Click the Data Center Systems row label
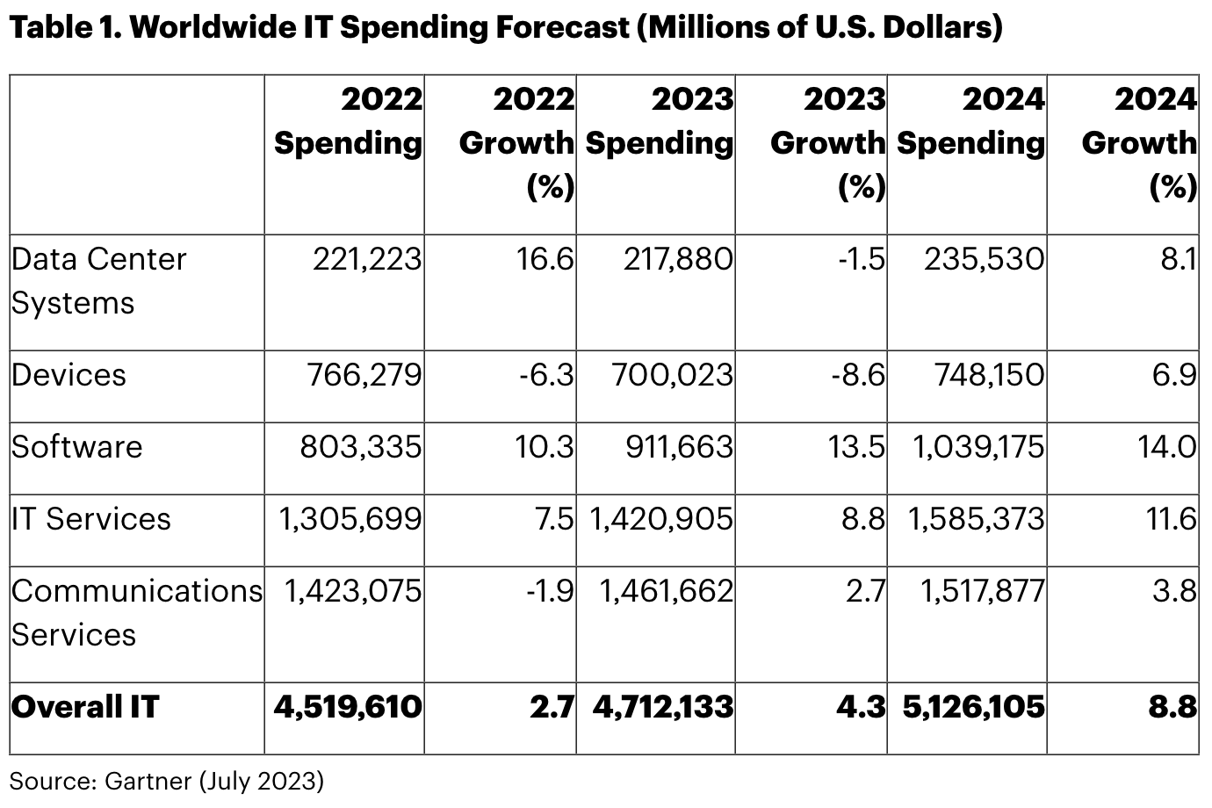click(x=98, y=281)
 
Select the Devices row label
click(x=69, y=376)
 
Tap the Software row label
click(x=76, y=447)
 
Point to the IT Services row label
click(x=91, y=519)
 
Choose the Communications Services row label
click(x=136, y=612)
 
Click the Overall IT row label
click(x=85, y=707)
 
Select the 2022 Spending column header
click(x=348, y=121)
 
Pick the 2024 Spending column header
click(x=970, y=121)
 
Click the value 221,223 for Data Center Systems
click(x=367, y=260)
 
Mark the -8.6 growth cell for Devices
click(x=858, y=376)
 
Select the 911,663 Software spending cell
click(x=679, y=447)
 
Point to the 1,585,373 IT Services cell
click(x=977, y=519)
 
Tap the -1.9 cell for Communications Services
click(x=550, y=591)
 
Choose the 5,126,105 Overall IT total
click(x=974, y=707)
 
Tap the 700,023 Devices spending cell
click(x=672, y=376)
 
